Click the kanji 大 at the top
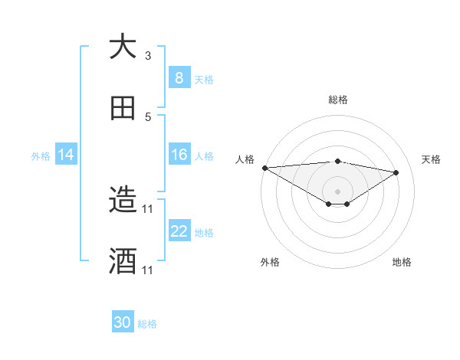pos(123,47)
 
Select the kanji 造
pos(123,201)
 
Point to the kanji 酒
pos(123,261)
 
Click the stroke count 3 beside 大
pos(148,55)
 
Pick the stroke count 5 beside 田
pos(148,116)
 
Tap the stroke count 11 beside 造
pos(148,208)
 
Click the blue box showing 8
pos(179,77)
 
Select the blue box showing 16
pos(179,155)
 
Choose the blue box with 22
pos(179,231)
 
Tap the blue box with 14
pos(65,155)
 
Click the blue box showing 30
pos(122,322)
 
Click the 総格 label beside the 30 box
pos(147,324)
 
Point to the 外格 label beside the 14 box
pos(41,156)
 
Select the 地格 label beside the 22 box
pos(204,233)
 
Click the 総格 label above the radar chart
pos(338,100)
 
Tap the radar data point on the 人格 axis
pos(264,168)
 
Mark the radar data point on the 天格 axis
pos(396,172)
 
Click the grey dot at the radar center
pos(338,191)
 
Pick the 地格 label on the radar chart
pos(402,262)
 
